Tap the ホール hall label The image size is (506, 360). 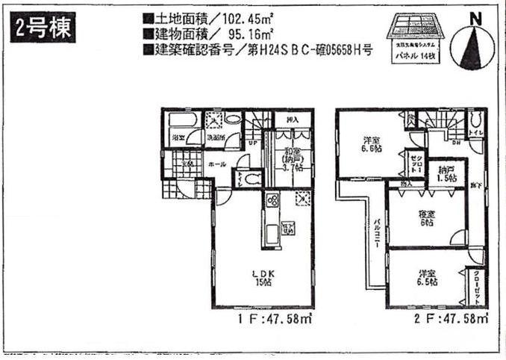pyautogui.click(x=219, y=162)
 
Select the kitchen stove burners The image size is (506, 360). pyautogui.click(x=272, y=201)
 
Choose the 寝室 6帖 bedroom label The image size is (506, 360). pyautogui.click(x=427, y=218)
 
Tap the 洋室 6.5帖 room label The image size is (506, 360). pyautogui.click(x=428, y=278)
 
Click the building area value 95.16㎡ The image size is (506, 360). pyautogui.click(x=225, y=34)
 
